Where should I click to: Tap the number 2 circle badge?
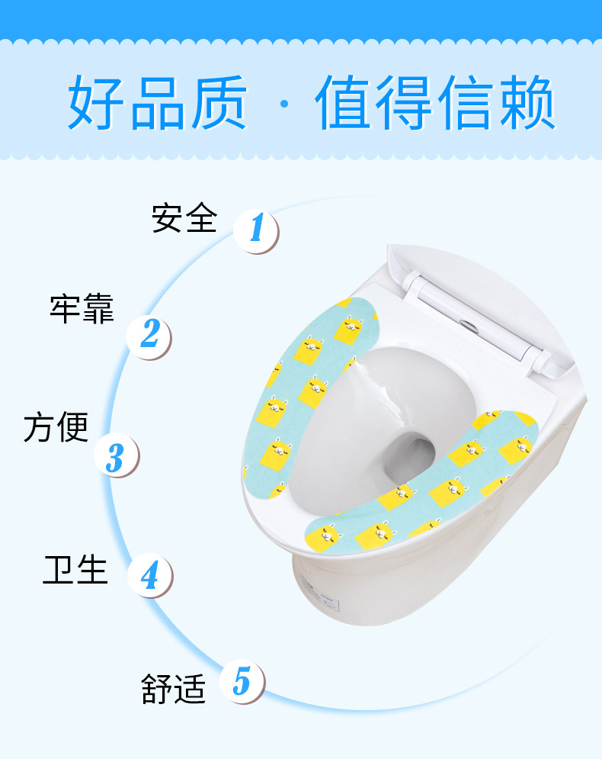pos(149,333)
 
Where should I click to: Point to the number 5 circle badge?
pos(242,680)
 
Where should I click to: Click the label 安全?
pos(184,218)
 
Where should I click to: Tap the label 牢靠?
pos(82,309)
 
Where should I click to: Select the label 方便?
pos(56,427)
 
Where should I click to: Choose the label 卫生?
pos(75,569)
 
